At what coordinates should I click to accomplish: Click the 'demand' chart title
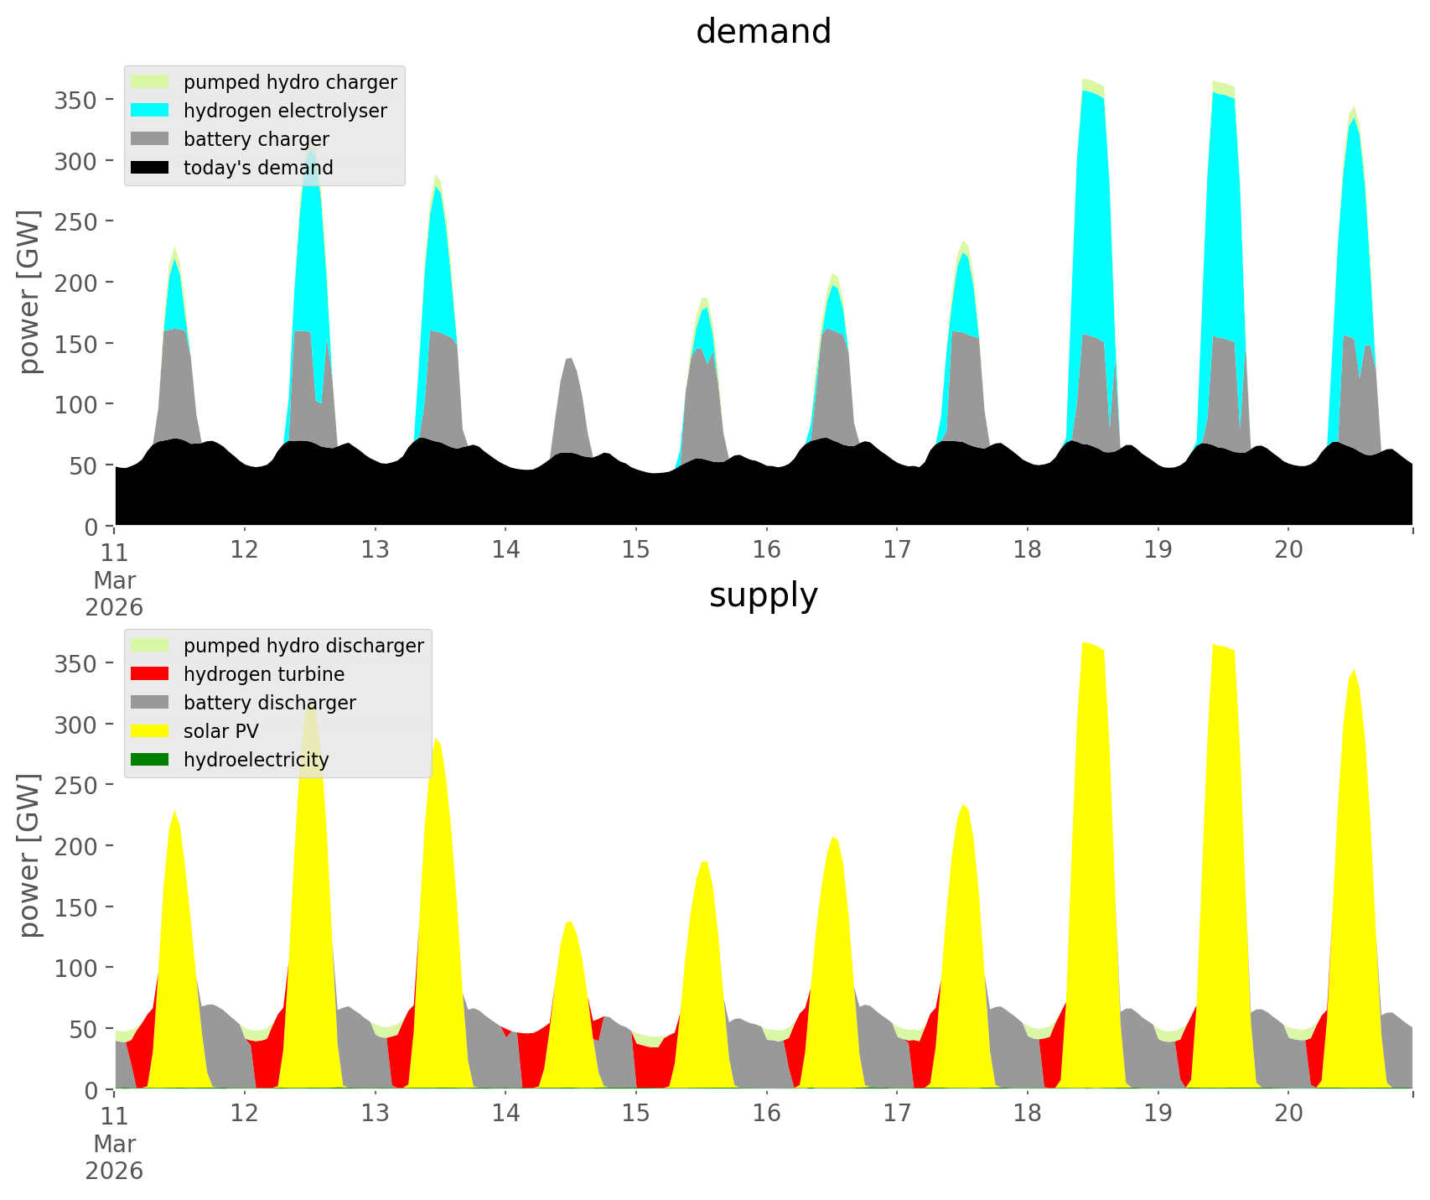763,32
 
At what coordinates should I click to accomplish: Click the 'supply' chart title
763,595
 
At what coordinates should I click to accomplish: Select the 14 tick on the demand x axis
505,550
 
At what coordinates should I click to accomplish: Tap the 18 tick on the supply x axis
1028,1114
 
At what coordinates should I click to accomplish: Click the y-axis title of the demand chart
30,292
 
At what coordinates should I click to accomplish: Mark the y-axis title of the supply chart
30,855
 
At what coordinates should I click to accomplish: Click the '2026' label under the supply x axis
114,1171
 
